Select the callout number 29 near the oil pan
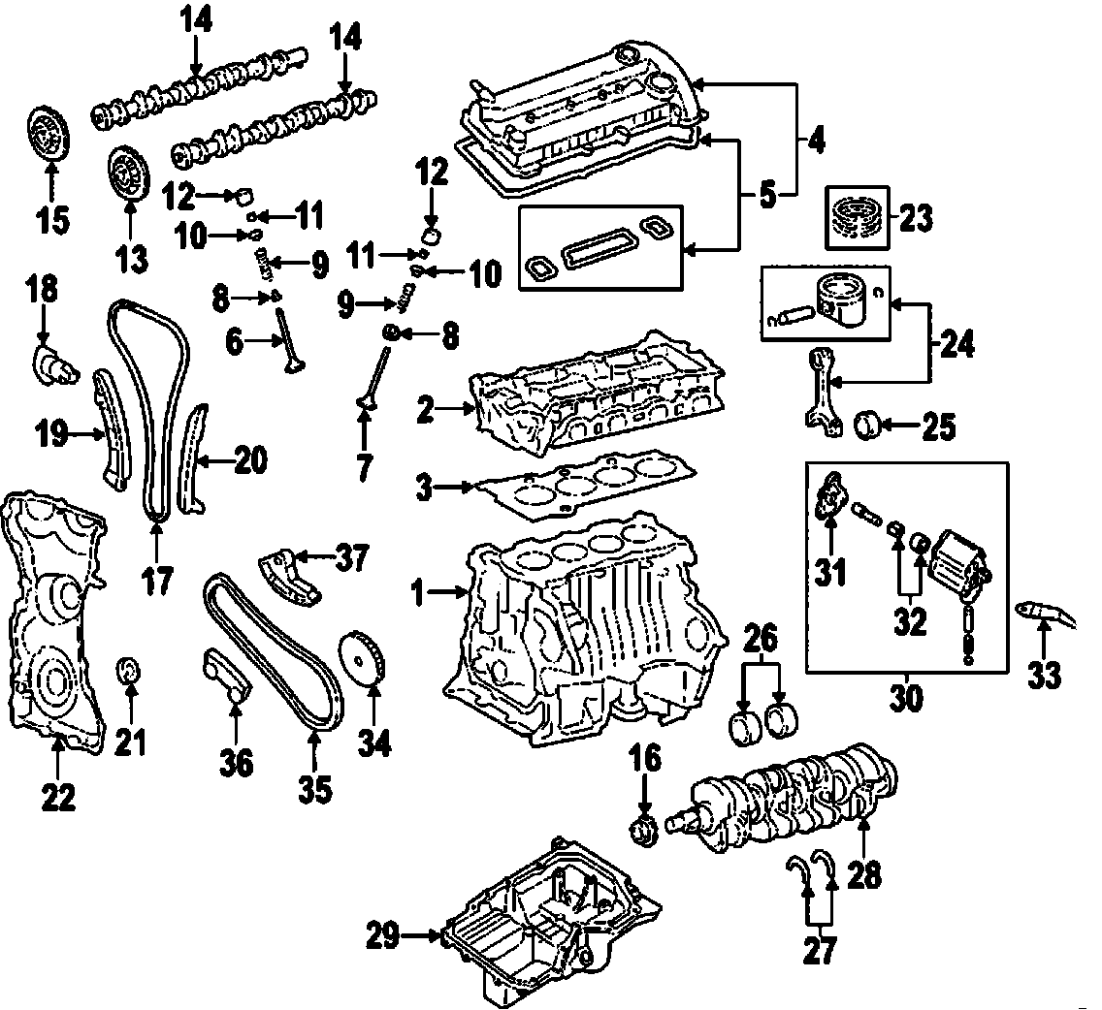(383, 936)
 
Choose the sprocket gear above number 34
(363, 659)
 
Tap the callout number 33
(1044, 675)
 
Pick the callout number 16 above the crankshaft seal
(646, 758)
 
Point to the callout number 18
(42, 288)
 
